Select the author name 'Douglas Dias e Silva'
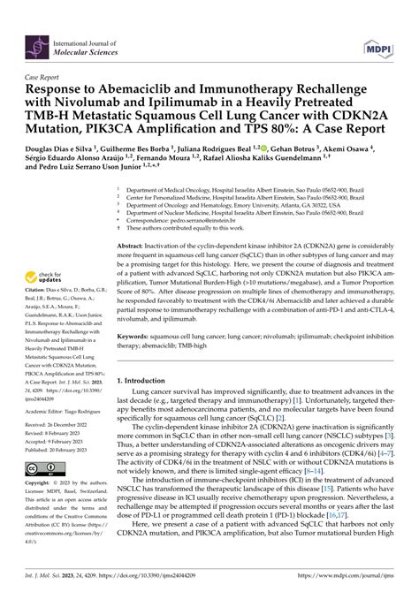point(57,148)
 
